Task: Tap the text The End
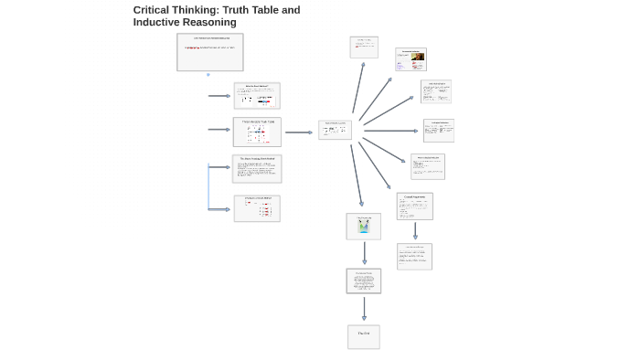(363, 334)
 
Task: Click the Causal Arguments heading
(414, 196)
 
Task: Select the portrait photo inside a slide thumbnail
(417, 58)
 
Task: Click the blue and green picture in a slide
(363, 226)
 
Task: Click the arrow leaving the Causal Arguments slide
(415, 230)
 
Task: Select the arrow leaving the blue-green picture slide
(364, 253)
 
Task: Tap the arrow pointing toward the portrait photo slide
(375, 99)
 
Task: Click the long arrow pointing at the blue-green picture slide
(357, 175)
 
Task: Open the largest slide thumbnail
(210, 52)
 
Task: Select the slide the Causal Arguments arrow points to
(414, 256)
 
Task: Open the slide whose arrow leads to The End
(363, 281)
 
